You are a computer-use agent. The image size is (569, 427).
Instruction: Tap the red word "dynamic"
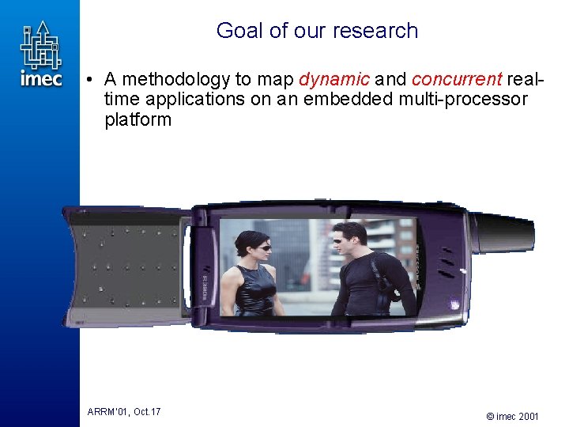pos(334,79)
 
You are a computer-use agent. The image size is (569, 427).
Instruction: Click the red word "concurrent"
pos(457,79)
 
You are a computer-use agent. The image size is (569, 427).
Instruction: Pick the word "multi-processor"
pos(471,100)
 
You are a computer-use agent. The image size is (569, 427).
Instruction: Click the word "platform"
pos(138,120)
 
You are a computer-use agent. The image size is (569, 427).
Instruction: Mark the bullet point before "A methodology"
pos(92,80)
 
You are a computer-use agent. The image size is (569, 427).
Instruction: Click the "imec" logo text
pos(41,78)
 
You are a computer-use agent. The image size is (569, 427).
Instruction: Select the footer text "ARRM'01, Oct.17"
pos(124,411)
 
